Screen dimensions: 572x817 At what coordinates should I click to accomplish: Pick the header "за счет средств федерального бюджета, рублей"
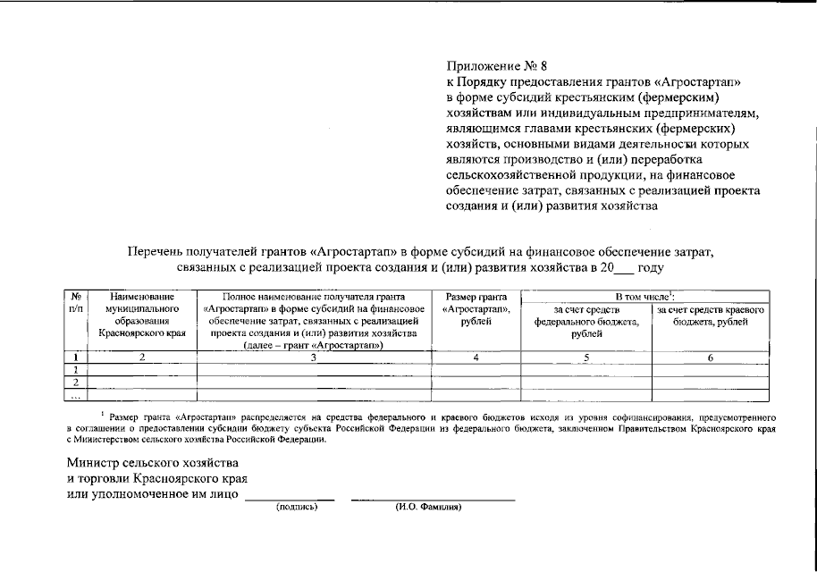585,322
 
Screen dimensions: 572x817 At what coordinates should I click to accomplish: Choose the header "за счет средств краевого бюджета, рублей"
712,315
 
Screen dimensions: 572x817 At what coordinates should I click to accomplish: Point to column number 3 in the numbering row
313,357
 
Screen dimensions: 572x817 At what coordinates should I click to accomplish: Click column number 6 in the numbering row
711,357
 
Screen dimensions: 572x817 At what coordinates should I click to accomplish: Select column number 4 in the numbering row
476,357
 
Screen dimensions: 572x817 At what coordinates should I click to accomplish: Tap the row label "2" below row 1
77,383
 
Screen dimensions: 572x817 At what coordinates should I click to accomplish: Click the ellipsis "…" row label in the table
77,396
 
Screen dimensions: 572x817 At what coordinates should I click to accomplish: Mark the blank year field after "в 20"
626,267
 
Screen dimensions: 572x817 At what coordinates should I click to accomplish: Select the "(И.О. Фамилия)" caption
428,507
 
